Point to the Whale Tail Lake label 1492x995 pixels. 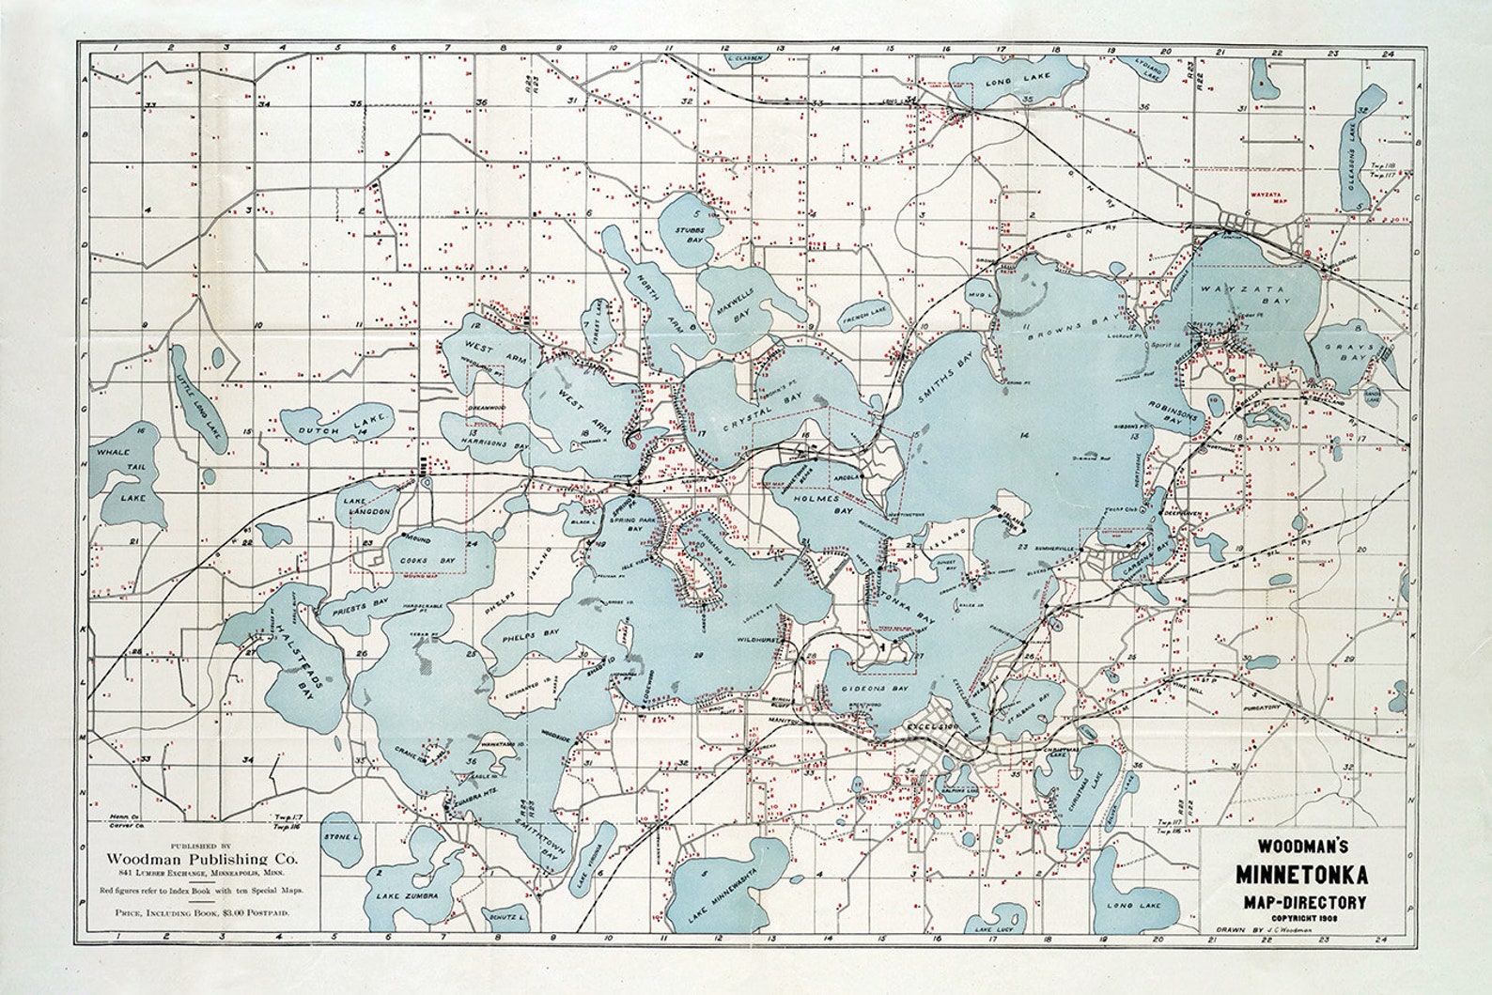126,474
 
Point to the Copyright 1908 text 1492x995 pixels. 1298,917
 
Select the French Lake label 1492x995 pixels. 863,309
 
